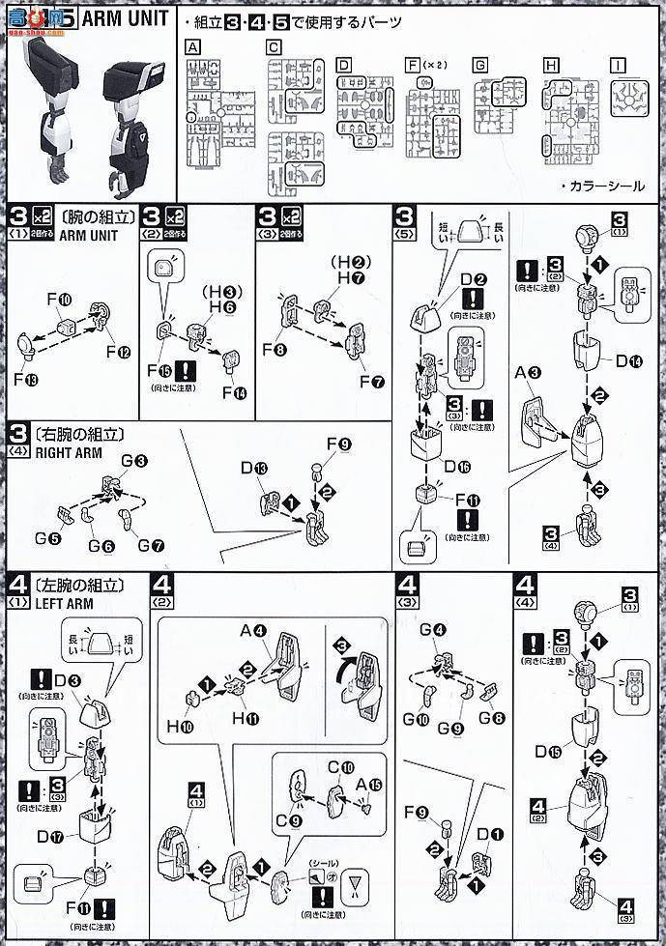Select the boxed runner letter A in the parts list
(x=193, y=46)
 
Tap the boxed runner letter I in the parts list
(x=618, y=66)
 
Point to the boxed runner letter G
(x=479, y=66)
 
